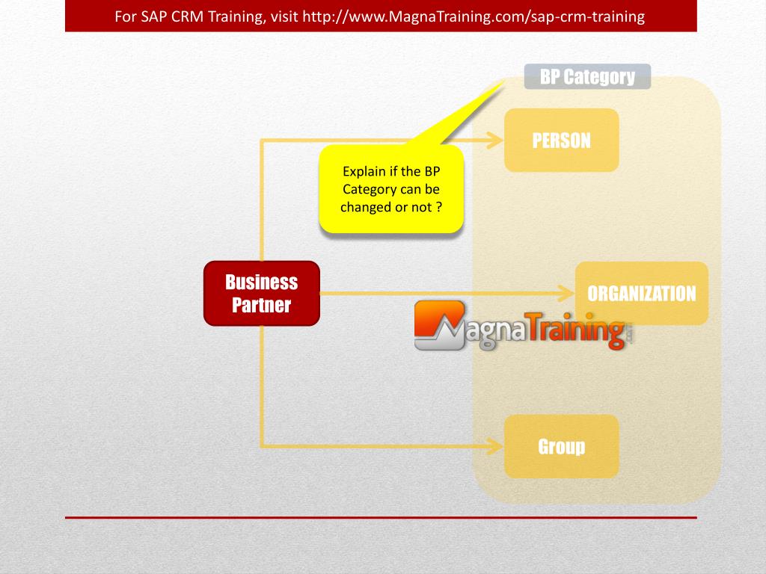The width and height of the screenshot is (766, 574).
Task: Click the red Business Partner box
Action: click(x=262, y=293)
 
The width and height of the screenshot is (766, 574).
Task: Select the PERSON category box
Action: click(x=561, y=140)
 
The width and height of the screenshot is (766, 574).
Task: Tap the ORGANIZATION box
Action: click(x=641, y=293)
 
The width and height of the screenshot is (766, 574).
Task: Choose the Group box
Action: click(x=561, y=446)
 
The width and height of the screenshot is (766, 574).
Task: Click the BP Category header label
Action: click(x=587, y=76)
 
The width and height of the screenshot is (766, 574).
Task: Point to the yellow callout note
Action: click(x=391, y=189)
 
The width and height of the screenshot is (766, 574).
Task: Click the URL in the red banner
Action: click(x=473, y=16)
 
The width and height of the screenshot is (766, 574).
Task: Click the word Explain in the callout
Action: click(x=364, y=171)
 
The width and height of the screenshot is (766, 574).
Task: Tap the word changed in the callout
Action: click(x=366, y=207)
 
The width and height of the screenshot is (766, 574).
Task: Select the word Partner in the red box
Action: click(x=261, y=305)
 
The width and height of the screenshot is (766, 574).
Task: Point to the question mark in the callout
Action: click(x=439, y=207)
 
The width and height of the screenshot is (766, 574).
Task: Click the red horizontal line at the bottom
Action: click(x=381, y=517)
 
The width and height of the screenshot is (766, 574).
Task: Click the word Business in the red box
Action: click(x=261, y=282)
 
